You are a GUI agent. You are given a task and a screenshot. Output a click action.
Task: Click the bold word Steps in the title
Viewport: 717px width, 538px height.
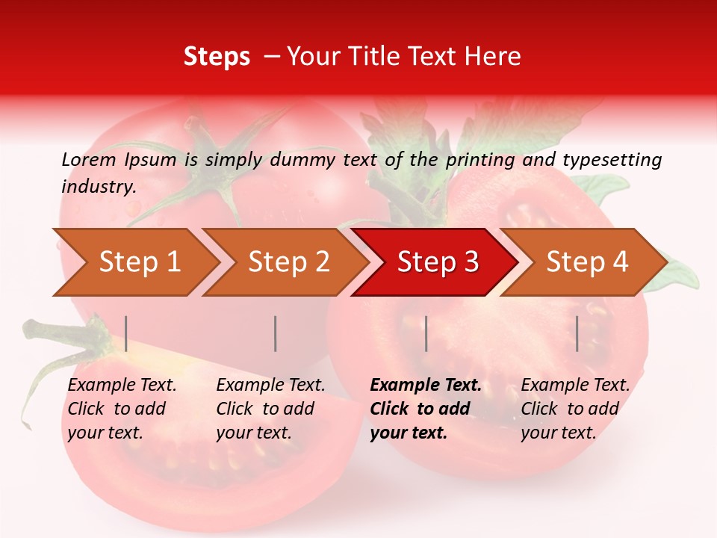pyautogui.click(x=217, y=57)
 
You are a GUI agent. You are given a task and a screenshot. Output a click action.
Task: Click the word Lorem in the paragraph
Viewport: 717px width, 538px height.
pyautogui.click(x=88, y=159)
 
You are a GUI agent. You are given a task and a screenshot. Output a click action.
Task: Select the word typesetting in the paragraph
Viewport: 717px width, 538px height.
pyautogui.click(x=612, y=159)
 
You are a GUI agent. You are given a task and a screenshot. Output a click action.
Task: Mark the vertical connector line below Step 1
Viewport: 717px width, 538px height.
pyautogui.click(x=126, y=333)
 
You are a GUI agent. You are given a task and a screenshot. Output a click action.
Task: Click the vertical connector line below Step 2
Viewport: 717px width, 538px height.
pyautogui.click(x=276, y=333)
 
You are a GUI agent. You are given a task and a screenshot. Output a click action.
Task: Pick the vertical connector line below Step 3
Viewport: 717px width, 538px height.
pyautogui.click(x=426, y=333)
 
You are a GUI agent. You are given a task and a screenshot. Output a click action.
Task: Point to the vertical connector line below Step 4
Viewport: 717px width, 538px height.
pyautogui.click(x=577, y=333)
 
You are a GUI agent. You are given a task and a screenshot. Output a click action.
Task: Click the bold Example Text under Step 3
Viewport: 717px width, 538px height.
pyautogui.click(x=426, y=386)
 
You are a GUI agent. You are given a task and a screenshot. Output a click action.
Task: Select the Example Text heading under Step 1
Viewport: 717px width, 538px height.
pyautogui.click(x=122, y=386)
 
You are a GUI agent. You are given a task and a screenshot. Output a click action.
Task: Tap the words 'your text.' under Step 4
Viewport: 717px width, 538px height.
pyautogui.click(x=558, y=433)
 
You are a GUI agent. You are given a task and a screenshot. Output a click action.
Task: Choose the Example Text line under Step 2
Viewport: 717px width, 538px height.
pyautogui.click(x=270, y=386)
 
